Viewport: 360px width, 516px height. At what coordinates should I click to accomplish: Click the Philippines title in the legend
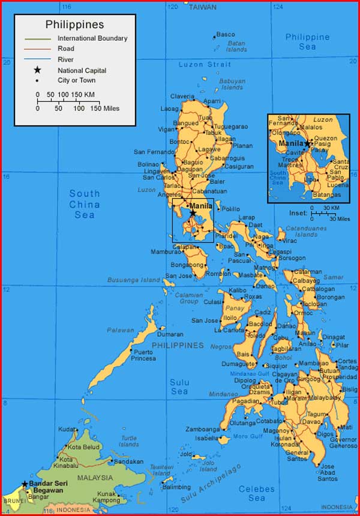point(74,25)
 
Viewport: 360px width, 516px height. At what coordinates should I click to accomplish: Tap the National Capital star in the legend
point(37,70)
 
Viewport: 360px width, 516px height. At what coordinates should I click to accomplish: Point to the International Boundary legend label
point(92,38)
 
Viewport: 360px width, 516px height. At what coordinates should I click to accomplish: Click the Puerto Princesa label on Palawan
point(143,355)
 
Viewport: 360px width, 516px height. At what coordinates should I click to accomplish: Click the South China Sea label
point(85,204)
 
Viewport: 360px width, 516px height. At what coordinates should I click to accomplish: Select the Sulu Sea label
point(179,387)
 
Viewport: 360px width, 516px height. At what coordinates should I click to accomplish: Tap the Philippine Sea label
point(307,41)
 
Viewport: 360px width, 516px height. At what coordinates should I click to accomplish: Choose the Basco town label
point(226,34)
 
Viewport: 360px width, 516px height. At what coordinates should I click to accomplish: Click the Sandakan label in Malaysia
point(129,461)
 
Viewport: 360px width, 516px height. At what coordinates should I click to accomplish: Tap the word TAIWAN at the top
point(203,7)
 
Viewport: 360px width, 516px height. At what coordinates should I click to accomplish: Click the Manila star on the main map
point(193,213)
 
